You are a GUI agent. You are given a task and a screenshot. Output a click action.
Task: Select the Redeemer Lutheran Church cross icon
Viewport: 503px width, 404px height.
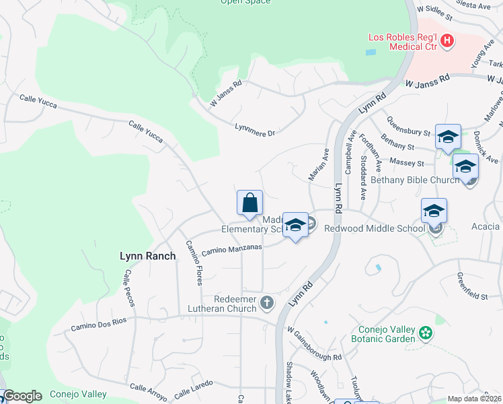click(x=267, y=303)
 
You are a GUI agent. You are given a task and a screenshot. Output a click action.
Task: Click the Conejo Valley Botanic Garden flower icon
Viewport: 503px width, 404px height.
click(x=424, y=333)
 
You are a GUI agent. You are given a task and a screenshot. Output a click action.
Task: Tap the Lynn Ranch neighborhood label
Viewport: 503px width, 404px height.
click(x=147, y=256)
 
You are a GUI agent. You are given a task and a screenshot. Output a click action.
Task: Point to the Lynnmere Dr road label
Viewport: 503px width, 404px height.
click(x=256, y=129)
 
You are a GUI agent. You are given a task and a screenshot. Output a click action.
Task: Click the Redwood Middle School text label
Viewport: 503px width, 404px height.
click(x=374, y=229)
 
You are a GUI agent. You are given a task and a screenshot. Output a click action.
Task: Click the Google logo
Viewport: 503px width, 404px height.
click(x=22, y=396)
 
